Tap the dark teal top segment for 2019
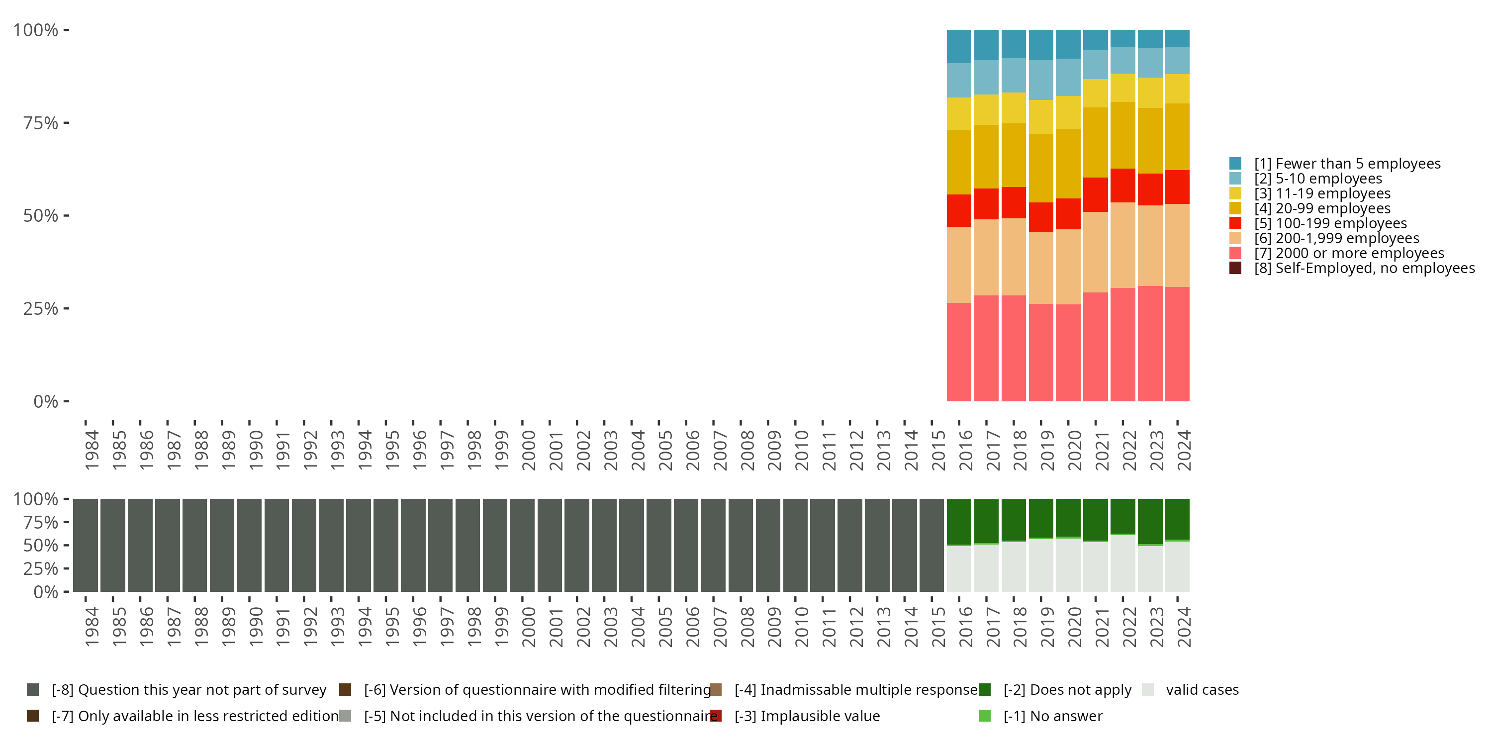coord(1041,45)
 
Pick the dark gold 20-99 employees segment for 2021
coord(1095,142)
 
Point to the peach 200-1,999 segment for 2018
coord(1014,257)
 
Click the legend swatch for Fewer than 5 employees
coord(1235,163)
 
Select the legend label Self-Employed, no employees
coord(1365,268)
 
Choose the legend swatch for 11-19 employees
coord(1235,193)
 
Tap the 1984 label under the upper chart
coord(92,450)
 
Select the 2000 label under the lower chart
coord(528,627)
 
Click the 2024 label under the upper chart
coord(1184,450)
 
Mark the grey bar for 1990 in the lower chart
coord(249,545)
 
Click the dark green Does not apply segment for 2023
coord(1150,521)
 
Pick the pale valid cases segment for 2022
coord(1122,563)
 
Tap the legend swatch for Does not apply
coord(985,689)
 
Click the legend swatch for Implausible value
coord(716,716)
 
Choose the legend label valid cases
coord(1203,689)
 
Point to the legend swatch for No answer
coord(985,716)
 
